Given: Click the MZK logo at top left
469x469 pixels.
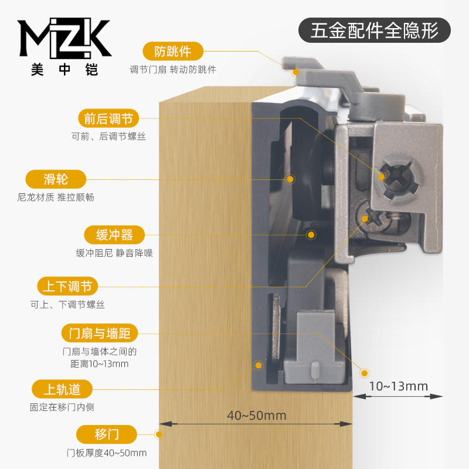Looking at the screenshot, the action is (x=64, y=38).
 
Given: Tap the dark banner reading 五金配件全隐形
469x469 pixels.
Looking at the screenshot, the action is (x=375, y=30).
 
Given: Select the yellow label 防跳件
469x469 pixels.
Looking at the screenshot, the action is (x=173, y=51).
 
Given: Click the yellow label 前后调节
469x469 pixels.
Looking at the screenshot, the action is (x=108, y=118).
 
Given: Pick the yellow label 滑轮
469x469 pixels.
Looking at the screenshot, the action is (x=56, y=179).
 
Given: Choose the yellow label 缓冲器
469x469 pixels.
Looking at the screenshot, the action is (x=114, y=235).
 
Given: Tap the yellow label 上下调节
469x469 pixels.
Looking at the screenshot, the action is (x=67, y=286).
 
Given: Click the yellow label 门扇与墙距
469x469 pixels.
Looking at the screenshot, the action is (x=100, y=333).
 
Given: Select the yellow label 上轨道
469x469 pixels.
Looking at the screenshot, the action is (x=62, y=389).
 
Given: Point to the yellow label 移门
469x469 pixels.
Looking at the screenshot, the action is (x=107, y=434).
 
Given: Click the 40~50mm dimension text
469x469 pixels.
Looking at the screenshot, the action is (x=257, y=415).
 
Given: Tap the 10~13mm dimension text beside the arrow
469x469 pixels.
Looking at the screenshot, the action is (x=399, y=386).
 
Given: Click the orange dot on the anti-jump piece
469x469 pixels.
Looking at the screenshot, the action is (x=296, y=72).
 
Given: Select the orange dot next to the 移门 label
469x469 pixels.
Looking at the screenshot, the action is (x=159, y=434).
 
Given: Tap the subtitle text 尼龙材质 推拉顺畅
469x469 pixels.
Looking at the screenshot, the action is (x=56, y=197).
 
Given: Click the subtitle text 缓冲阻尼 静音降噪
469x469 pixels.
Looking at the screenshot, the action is (x=114, y=253).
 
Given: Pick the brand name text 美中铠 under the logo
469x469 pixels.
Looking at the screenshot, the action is (x=64, y=70).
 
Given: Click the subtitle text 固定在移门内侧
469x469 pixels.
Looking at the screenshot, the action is (x=62, y=407).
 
